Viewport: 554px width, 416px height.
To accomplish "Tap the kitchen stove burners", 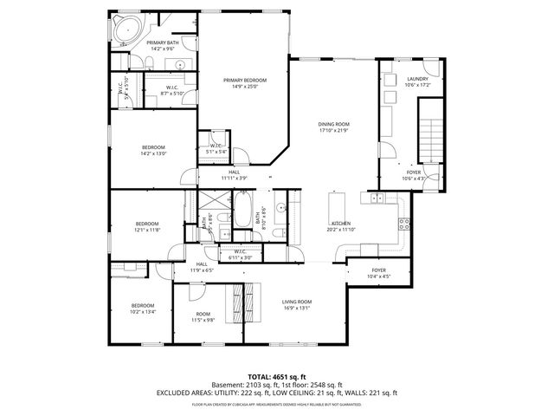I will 403,223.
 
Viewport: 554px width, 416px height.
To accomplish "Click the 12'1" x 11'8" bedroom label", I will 146,226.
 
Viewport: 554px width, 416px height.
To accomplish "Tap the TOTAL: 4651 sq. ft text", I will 277,375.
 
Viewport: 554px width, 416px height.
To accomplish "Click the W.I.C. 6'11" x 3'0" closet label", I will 240,255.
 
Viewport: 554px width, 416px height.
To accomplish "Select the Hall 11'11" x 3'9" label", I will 234,175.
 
